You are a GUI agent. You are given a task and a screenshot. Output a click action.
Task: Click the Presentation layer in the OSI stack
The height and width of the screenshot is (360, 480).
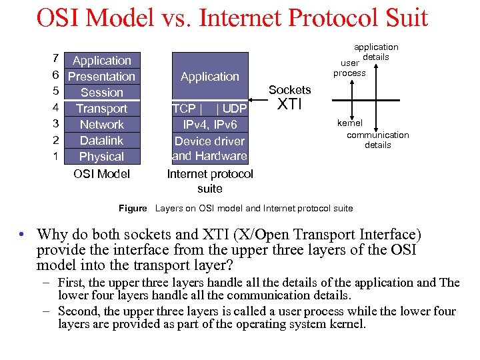click(x=102, y=77)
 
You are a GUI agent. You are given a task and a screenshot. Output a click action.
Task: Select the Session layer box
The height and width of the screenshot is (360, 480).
click(x=102, y=93)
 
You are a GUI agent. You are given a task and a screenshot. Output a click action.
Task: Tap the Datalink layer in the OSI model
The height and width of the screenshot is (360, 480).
click(x=102, y=141)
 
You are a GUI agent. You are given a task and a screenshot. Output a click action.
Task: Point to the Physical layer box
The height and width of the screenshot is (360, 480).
click(x=102, y=157)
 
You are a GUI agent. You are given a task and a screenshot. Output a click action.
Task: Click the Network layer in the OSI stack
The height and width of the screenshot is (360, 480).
click(x=102, y=125)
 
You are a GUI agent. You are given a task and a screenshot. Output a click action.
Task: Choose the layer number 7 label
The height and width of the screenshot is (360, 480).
click(x=56, y=60)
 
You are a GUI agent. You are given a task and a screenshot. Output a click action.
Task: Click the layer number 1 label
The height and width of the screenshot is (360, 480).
click(x=56, y=156)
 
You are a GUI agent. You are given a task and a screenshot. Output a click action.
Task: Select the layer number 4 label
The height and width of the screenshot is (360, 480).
click(x=56, y=107)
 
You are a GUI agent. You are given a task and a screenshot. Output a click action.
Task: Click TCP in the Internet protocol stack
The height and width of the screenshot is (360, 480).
click(x=184, y=109)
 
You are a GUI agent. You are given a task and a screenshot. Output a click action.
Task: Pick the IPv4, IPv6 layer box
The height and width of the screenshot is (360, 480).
click(x=210, y=125)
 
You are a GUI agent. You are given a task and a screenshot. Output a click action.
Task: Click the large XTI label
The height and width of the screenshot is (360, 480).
click(x=290, y=105)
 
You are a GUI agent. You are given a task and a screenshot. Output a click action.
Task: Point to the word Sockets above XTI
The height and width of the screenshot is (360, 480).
click(x=289, y=89)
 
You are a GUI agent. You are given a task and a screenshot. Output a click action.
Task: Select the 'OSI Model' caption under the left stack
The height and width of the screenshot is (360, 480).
click(x=102, y=174)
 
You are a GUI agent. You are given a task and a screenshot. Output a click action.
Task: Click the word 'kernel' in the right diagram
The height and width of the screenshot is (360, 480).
click(x=350, y=123)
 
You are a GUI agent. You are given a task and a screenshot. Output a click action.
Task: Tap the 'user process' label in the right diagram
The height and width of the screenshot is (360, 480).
click(x=349, y=68)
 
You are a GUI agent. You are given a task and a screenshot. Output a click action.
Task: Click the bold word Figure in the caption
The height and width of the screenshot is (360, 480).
click(x=133, y=209)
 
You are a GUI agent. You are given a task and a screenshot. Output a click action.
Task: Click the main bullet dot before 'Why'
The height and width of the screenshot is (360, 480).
click(x=23, y=235)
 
